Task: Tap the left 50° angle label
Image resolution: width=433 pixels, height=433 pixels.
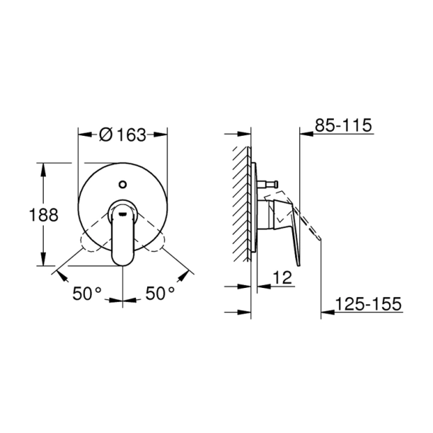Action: pyautogui.click(x=87, y=293)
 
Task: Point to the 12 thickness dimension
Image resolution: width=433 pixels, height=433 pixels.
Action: pyautogui.click(x=282, y=279)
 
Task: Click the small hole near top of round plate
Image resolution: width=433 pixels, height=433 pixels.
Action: pyautogui.click(x=122, y=186)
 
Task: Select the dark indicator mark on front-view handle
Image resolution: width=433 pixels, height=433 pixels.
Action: pyautogui.click(x=122, y=211)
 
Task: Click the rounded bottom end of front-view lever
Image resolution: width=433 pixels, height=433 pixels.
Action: pyautogui.click(x=122, y=260)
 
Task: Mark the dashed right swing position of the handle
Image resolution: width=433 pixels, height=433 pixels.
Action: pyautogui.click(x=155, y=244)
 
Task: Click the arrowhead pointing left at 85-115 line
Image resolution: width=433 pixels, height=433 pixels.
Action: pyautogui.click(x=304, y=133)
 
